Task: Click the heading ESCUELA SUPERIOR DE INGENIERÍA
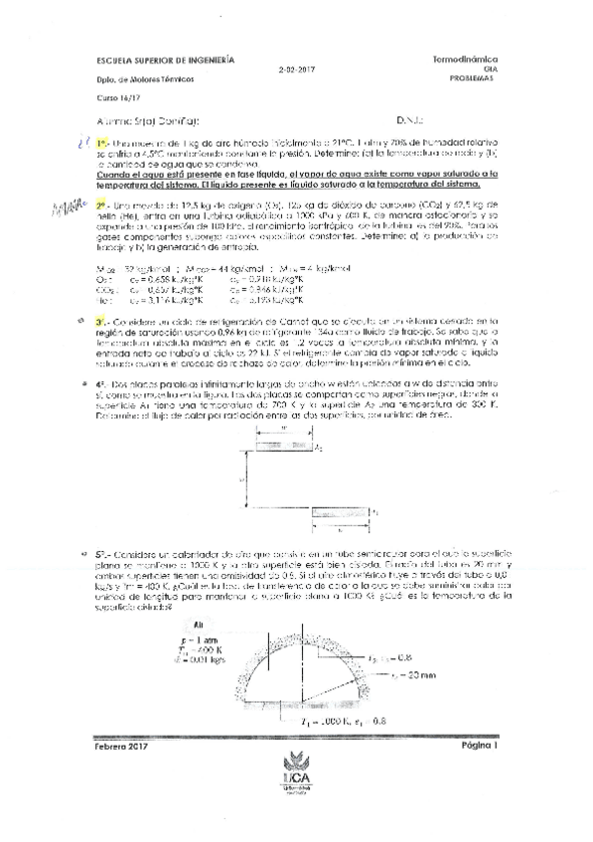coord(165,60)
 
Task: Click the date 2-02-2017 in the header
coord(298,70)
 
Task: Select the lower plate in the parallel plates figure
coord(342,512)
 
